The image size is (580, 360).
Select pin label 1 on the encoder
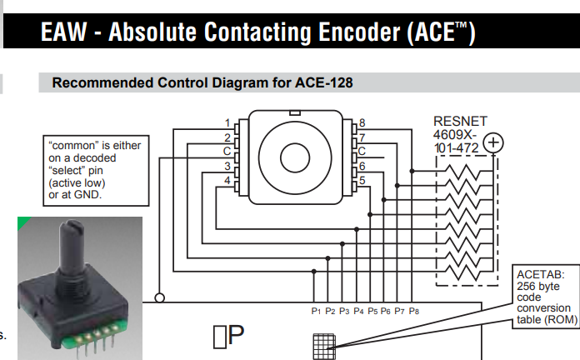pyautogui.click(x=227, y=122)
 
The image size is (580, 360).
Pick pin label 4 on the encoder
pyautogui.click(x=227, y=180)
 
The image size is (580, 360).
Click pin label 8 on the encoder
pyautogui.click(x=362, y=122)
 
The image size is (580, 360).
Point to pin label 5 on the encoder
pyautogui.click(x=362, y=179)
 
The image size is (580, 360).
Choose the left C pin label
pyautogui.click(x=227, y=151)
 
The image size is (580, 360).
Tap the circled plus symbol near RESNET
pyautogui.click(x=493, y=142)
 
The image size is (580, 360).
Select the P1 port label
pyautogui.click(x=316, y=311)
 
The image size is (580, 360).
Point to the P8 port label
pyautogui.click(x=414, y=311)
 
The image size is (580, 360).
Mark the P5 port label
pyautogui.click(x=372, y=311)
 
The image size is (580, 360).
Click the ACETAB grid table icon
pyautogui.click(x=324, y=344)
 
